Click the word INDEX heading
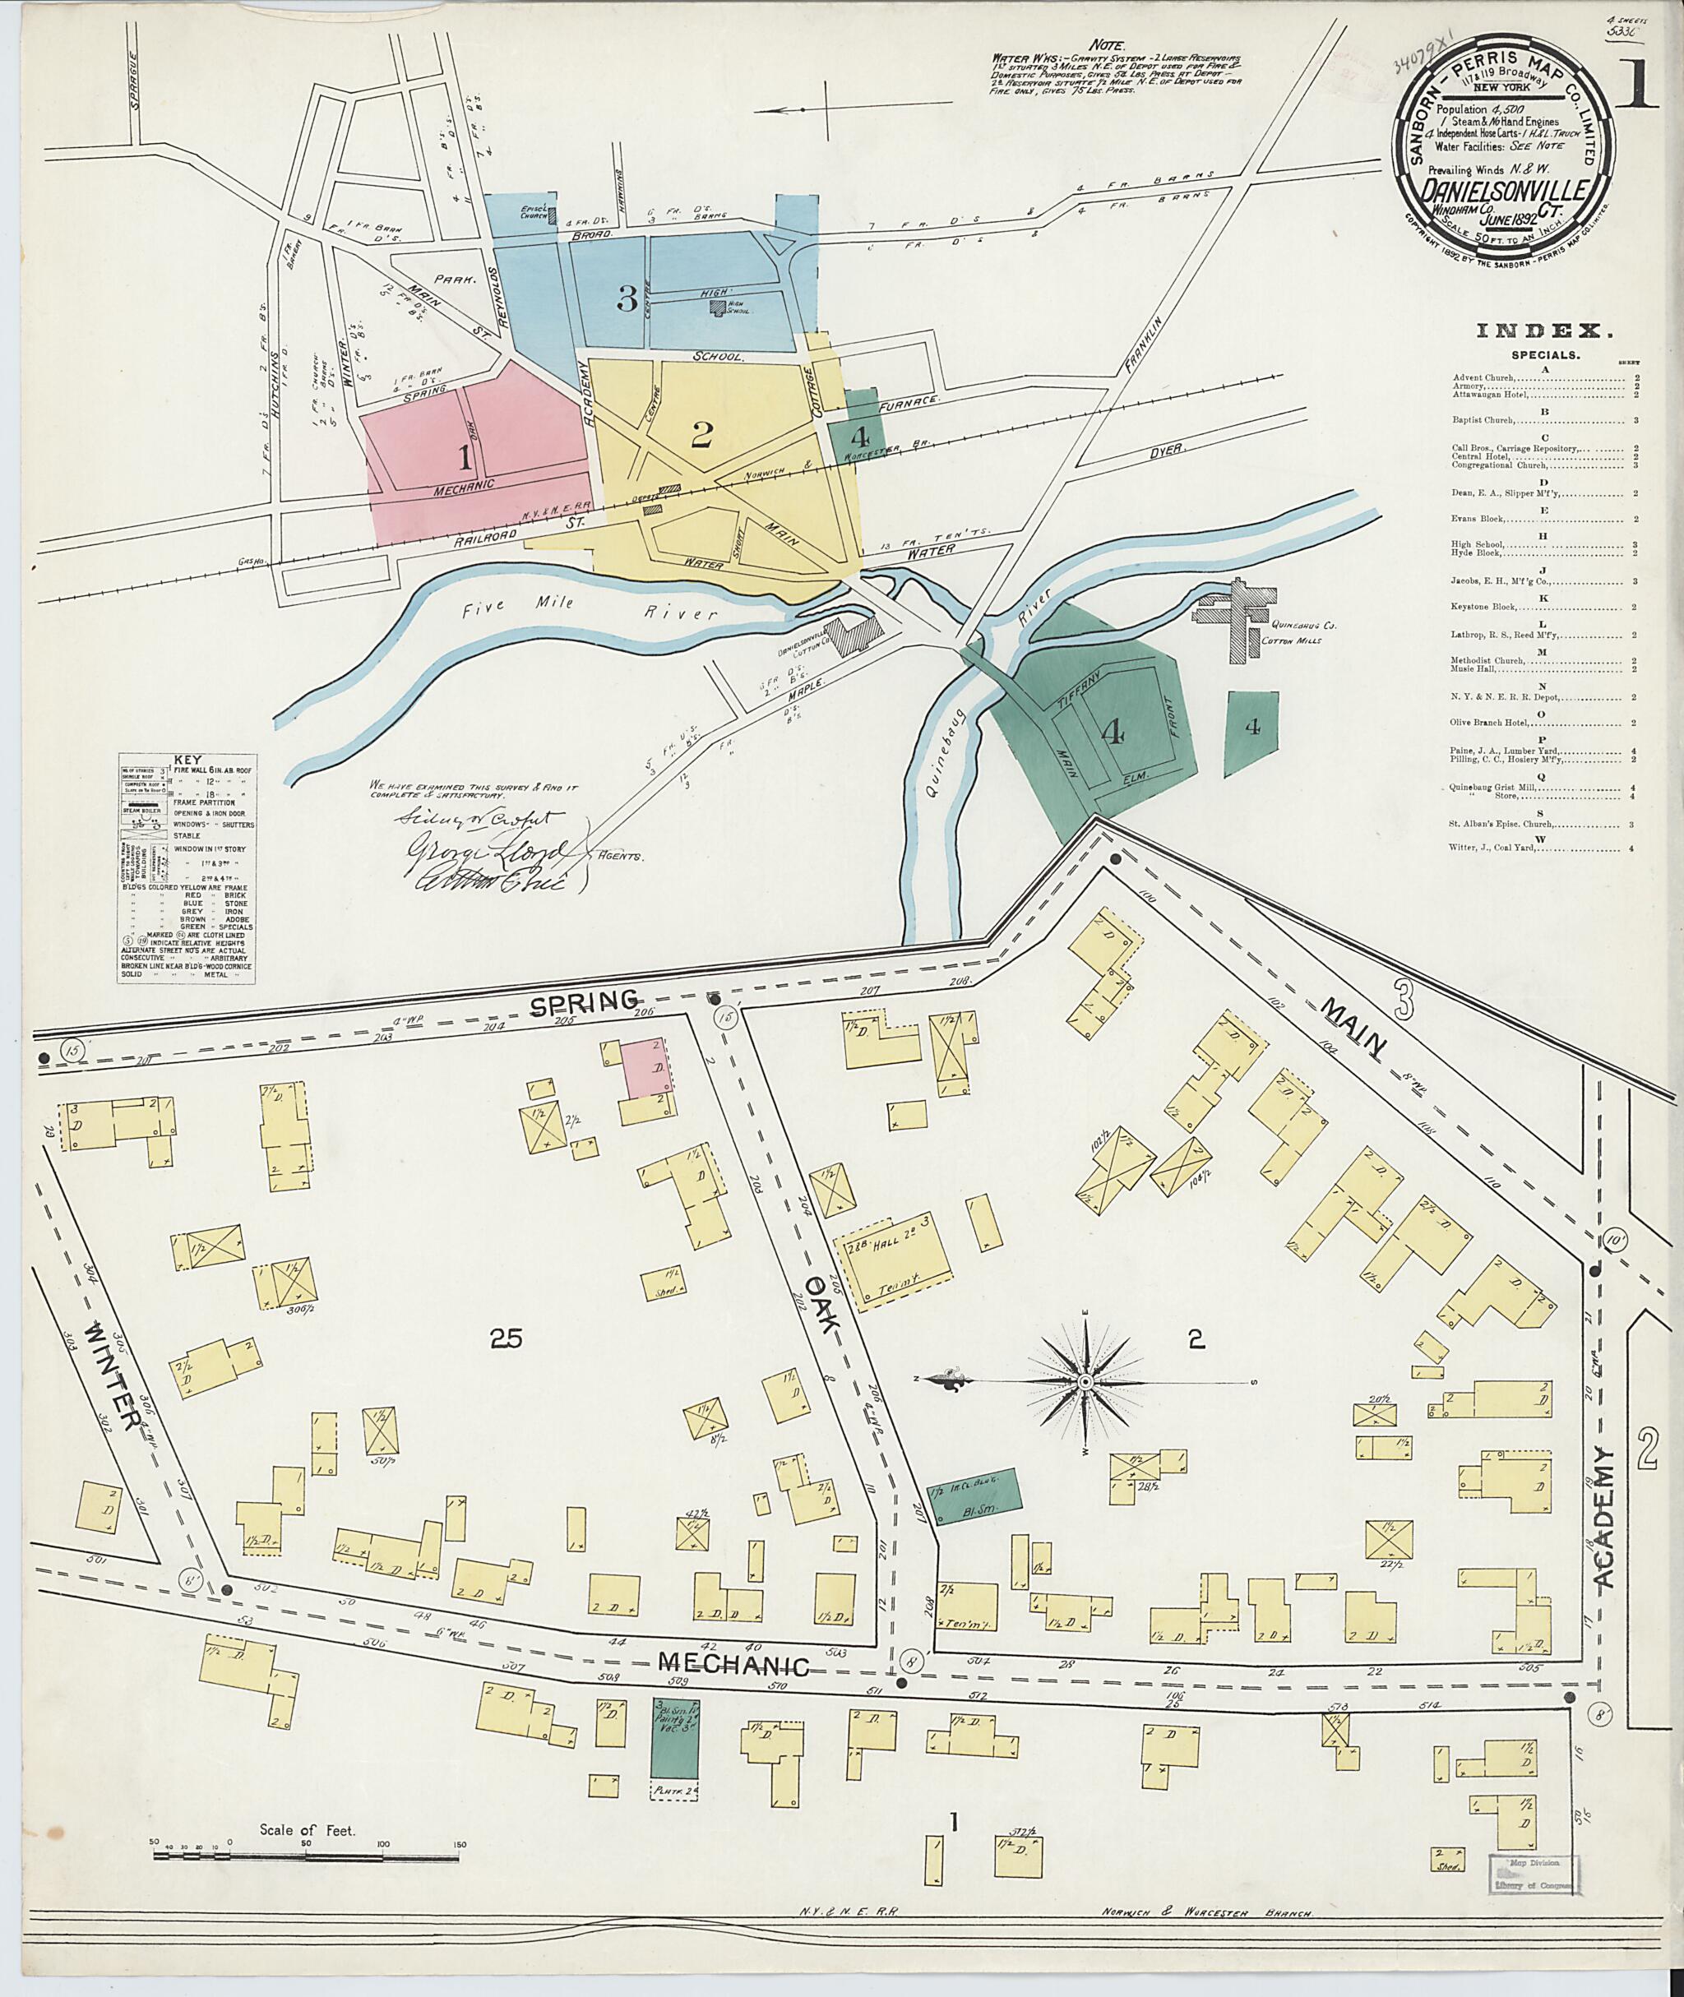click(x=1544, y=332)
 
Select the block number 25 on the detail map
click(x=505, y=1339)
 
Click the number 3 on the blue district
click(x=627, y=301)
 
